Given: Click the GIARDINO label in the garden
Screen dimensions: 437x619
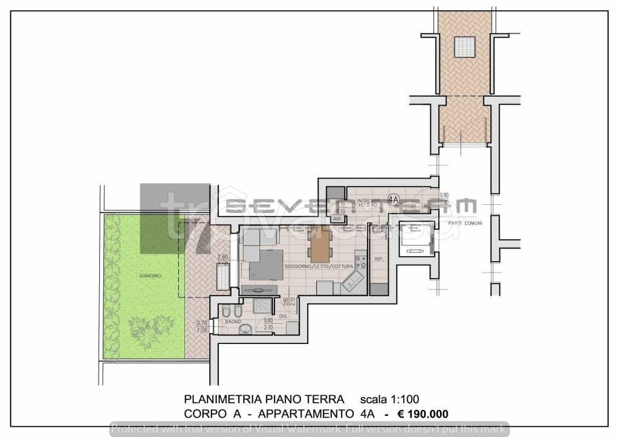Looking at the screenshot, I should coord(149,276).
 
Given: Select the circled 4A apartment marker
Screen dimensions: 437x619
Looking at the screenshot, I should coord(393,199).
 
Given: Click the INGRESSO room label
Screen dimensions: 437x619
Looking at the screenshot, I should coord(368,201).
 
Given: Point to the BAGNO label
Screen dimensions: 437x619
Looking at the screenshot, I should coord(233,322).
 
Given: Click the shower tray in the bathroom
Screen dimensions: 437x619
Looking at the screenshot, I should coord(264,307).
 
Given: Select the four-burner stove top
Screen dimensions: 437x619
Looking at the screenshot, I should coord(361,262).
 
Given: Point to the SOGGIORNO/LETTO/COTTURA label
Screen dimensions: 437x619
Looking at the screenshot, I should coord(324,266).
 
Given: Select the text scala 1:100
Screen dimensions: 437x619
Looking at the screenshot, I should coord(389,399).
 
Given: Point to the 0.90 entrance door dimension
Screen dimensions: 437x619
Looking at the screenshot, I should coord(444,195).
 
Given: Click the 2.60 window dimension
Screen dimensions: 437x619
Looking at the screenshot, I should coord(222,257).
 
